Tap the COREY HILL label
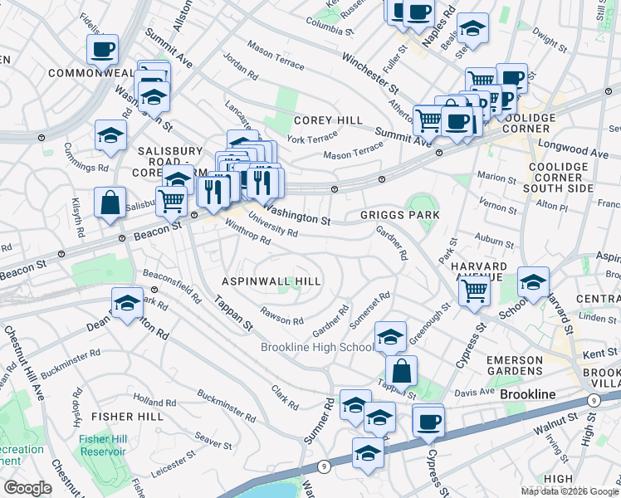[327, 120]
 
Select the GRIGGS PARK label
[399, 215]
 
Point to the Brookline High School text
[317, 347]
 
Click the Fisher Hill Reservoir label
[104, 446]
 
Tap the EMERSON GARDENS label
[537, 365]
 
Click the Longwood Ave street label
[574, 154]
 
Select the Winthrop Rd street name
[247, 234]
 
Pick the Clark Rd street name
[285, 398]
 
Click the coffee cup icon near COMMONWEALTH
[103, 50]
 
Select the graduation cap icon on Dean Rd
[127, 303]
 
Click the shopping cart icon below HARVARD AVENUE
[474, 290]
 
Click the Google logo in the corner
[27, 488]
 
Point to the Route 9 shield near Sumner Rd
[321, 466]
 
